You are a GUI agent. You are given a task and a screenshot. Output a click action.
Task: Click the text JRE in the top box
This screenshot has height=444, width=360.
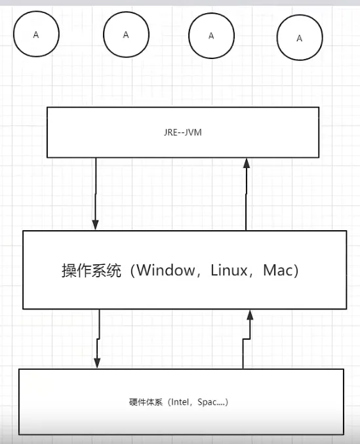click(x=170, y=132)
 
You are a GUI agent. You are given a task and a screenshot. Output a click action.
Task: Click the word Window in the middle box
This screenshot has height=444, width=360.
click(x=166, y=270)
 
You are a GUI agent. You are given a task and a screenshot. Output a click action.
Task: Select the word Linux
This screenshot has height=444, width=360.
click(x=229, y=270)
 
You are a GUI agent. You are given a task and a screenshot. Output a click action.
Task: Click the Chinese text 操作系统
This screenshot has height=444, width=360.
click(x=91, y=270)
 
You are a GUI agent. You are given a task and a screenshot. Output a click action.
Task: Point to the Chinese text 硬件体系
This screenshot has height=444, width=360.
click(x=146, y=402)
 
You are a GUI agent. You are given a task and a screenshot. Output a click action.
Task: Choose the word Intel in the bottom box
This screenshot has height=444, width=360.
click(x=180, y=402)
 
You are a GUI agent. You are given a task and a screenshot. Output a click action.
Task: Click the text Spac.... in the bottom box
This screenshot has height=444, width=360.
click(x=211, y=402)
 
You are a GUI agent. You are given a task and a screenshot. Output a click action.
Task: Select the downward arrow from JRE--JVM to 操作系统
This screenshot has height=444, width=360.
click(x=96, y=193)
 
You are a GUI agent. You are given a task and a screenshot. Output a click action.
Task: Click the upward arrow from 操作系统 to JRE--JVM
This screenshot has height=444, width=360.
click(x=246, y=194)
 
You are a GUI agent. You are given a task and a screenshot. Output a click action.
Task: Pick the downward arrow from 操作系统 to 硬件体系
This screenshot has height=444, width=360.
click(x=98, y=338)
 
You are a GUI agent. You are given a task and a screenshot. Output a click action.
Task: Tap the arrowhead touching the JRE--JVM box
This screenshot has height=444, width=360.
click(x=247, y=163)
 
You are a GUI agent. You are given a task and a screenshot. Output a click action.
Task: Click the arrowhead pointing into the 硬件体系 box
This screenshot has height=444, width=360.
click(x=97, y=363)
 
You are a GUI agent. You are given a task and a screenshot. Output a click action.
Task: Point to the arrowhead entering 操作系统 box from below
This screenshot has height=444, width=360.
click(x=250, y=315)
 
